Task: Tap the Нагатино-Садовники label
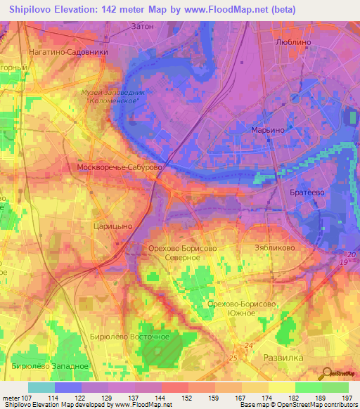point(68,51)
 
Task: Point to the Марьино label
point(267,131)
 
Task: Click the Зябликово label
point(273,248)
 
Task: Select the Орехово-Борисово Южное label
point(240,308)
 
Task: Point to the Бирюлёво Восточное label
point(130,337)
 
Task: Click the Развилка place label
point(283,358)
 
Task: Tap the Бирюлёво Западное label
point(50,366)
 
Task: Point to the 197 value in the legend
point(347,398)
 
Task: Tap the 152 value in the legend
point(186,398)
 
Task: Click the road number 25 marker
point(233,359)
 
